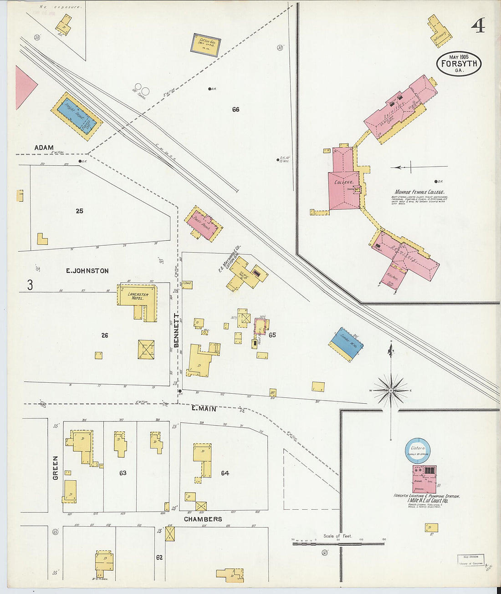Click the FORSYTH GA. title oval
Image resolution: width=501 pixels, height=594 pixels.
pyautogui.click(x=459, y=63)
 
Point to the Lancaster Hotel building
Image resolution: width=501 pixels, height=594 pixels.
pyautogui.click(x=138, y=300)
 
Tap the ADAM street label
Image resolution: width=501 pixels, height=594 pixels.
pyautogui.click(x=44, y=147)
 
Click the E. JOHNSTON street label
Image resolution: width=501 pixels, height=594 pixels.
pyautogui.click(x=87, y=271)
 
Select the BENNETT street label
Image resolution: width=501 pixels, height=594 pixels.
pyautogui.click(x=176, y=328)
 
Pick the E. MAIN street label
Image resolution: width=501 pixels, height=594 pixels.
pyautogui.click(x=204, y=409)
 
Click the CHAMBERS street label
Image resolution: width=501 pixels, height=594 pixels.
pyautogui.click(x=203, y=519)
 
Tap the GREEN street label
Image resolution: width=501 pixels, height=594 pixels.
pyautogui.click(x=56, y=468)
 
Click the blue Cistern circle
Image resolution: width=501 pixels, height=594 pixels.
pyautogui.click(x=418, y=450)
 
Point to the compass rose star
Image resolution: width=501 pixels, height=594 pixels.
pyautogui.click(x=390, y=391)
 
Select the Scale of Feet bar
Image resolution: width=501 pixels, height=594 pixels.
pyautogui.click(x=338, y=543)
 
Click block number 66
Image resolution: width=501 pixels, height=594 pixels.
pyautogui.click(x=235, y=109)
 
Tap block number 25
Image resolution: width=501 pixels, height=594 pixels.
pyautogui.click(x=80, y=211)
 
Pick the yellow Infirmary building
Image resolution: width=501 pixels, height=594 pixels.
pyautogui.click(x=440, y=32)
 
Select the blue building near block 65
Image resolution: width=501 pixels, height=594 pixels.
pyautogui.click(x=346, y=344)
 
